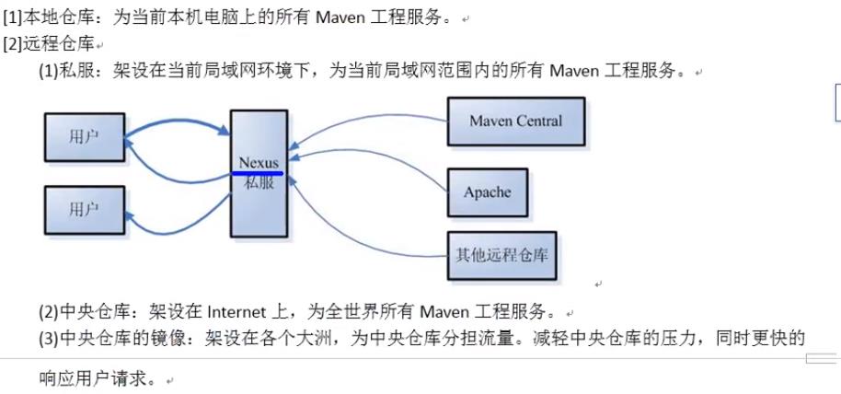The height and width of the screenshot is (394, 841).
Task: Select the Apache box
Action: coord(487,192)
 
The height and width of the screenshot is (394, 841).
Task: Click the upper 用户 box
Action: coord(84,137)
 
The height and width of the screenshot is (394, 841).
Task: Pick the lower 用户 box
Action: coord(84,210)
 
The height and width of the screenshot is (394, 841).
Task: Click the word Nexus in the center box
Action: coord(258,163)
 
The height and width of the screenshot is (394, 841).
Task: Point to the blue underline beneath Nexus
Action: coord(258,172)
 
